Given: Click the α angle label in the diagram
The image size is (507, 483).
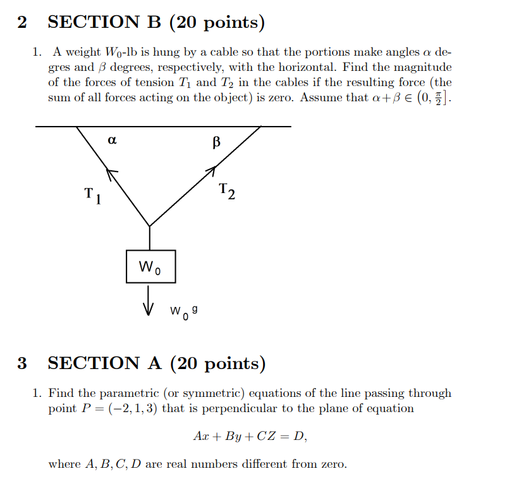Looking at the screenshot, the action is coord(113,141).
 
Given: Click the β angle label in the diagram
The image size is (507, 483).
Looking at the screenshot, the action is coord(216,142).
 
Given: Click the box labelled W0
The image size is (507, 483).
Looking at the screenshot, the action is coord(150,267).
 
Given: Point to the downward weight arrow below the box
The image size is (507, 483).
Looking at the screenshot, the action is coord(149,300).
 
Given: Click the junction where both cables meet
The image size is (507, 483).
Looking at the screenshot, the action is coord(150,225).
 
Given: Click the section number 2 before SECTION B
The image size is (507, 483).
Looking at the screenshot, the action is coord(22,23).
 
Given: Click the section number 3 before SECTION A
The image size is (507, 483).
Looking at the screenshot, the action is coord(22,363).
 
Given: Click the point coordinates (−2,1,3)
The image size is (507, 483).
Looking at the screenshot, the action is coord(133,408).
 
